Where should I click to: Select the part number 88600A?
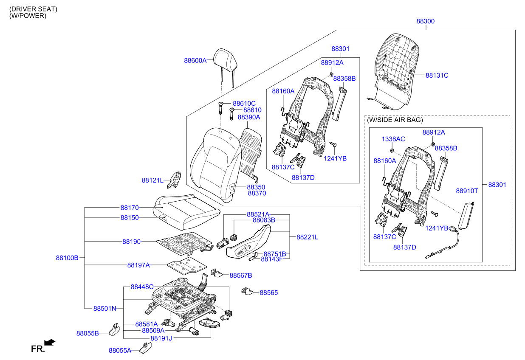click(x=195, y=61)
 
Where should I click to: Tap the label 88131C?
click(x=437, y=76)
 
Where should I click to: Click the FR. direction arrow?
click(x=50, y=342)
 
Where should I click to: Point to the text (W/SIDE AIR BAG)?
click(x=395, y=121)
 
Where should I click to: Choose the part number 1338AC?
click(x=393, y=139)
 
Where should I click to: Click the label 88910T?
click(x=467, y=191)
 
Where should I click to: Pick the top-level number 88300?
click(x=425, y=21)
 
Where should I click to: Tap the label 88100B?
click(x=67, y=258)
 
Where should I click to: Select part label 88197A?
click(x=138, y=265)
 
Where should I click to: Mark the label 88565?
click(x=269, y=292)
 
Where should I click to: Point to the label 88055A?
click(x=120, y=351)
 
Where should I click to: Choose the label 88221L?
click(x=307, y=237)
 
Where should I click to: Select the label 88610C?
click(x=244, y=103)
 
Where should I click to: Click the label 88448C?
click(x=142, y=287)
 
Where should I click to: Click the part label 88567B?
click(x=241, y=275)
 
